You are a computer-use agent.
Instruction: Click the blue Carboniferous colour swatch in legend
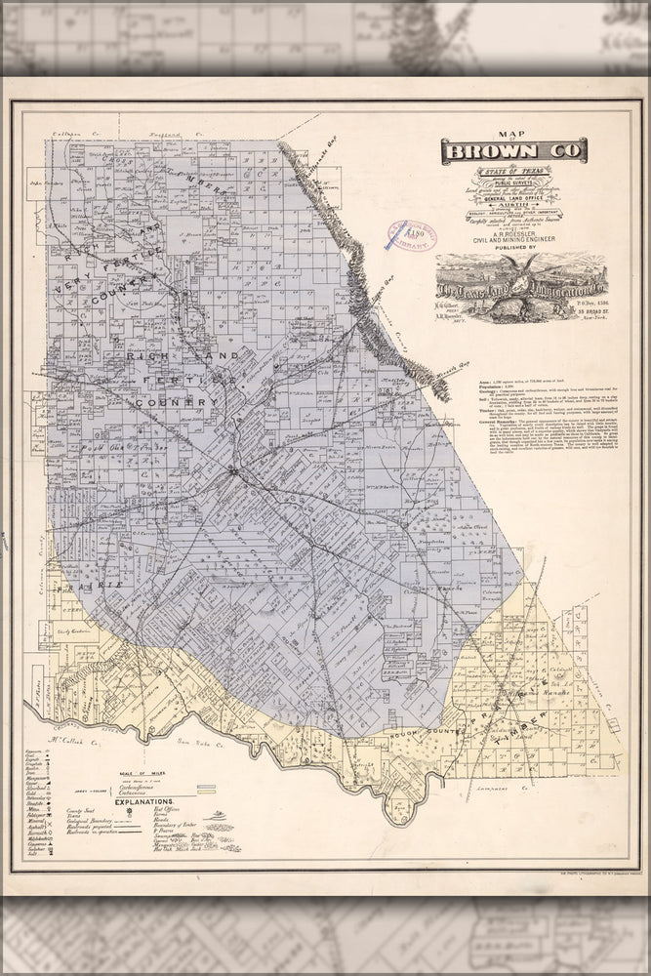coord(207,785)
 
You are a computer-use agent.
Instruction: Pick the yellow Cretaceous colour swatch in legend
coord(207,792)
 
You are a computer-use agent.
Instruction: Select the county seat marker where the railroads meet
coord(233,473)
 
